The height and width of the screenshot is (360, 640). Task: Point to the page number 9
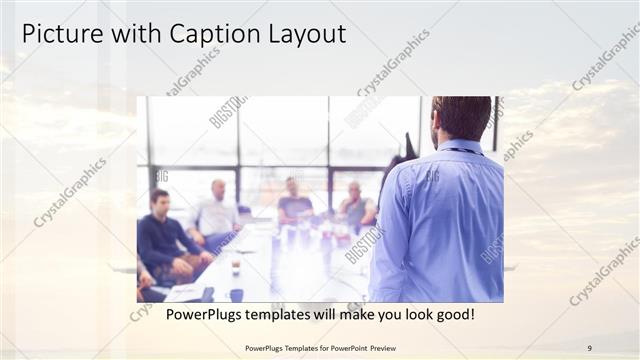589,348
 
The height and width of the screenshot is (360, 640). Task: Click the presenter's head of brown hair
461,116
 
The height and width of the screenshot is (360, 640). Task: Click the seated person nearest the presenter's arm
355,205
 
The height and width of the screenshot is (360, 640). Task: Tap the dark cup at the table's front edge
237,295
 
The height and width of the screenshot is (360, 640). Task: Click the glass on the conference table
234,266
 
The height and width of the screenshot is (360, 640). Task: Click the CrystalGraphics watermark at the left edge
70,193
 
